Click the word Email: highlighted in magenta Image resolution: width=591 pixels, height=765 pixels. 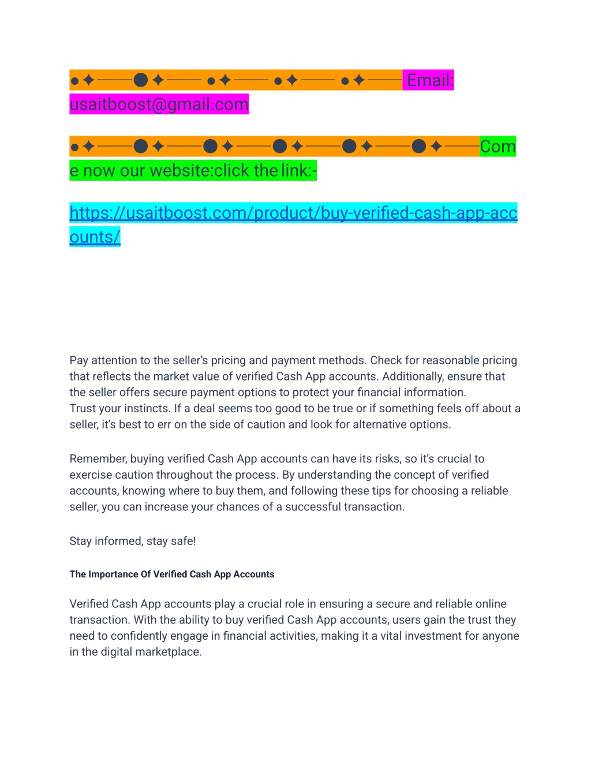430,80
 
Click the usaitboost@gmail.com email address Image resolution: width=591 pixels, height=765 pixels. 159,105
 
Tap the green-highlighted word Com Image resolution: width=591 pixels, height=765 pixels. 498,147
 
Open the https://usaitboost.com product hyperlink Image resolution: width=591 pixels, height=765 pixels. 293,213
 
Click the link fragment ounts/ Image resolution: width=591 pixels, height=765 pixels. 95,237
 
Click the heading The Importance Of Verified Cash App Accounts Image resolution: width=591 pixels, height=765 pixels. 172,574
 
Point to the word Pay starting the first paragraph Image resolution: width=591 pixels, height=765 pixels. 79,361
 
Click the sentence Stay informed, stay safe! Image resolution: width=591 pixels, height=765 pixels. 133,542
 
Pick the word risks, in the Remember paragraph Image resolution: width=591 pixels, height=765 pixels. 386,459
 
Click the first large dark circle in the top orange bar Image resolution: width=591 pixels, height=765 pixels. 141,80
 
